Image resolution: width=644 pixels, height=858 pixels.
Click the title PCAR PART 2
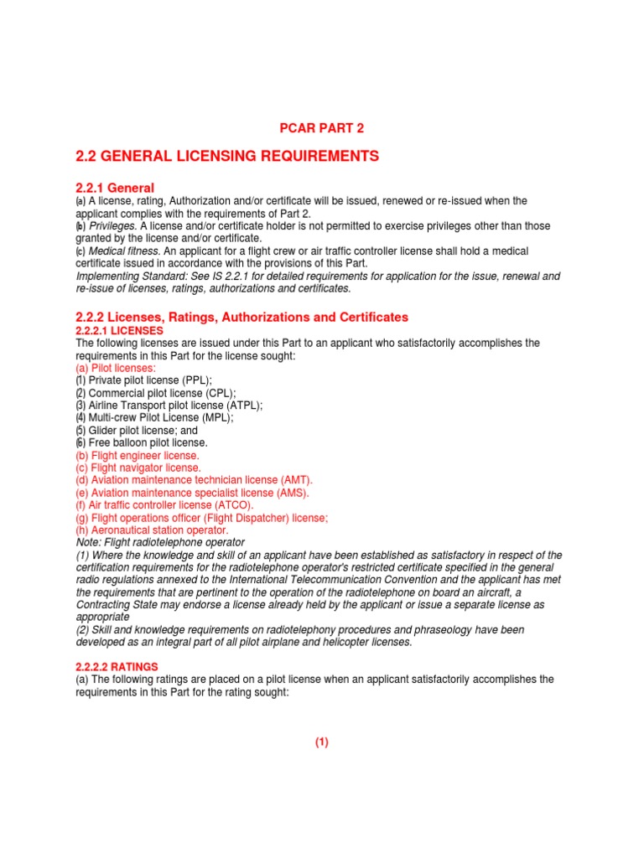321,128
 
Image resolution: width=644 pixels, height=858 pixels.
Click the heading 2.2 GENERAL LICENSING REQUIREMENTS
227,156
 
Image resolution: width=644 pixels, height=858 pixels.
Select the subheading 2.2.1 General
115,188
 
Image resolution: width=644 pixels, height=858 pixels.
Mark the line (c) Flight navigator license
138,468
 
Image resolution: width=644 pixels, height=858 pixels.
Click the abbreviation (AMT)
294,480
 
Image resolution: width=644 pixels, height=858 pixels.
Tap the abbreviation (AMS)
290,493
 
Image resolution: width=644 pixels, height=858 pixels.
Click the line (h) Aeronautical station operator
152,530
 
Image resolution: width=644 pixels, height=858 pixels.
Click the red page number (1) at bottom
322,742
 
